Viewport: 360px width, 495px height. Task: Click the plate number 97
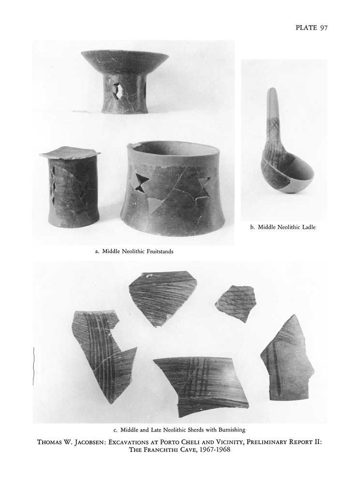(x=324, y=28)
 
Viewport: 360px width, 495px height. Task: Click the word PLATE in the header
(x=306, y=28)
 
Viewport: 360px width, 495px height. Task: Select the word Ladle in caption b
(x=309, y=227)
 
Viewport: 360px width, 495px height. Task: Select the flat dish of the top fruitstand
(x=124, y=62)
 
